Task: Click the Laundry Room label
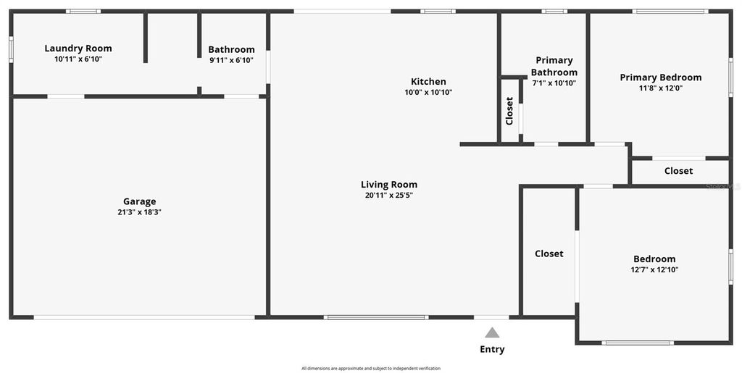(78, 49)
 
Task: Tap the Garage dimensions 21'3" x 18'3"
(139, 212)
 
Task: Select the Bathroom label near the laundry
(231, 49)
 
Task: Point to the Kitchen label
(428, 82)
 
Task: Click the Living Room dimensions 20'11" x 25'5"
(389, 196)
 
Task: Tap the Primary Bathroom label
(554, 66)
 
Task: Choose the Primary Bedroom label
(660, 77)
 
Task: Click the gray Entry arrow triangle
(492, 333)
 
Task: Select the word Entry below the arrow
(492, 350)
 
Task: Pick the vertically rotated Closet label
(509, 111)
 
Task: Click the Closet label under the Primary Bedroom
(678, 171)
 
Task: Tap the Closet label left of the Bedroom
(549, 253)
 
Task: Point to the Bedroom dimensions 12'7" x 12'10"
(654, 269)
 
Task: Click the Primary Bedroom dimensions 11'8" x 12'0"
(660, 88)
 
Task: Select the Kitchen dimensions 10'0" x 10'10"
(428, 93)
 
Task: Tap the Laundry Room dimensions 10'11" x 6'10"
(78, 59)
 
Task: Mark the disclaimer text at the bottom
(370, 369)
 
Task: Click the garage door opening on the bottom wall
(144, 317)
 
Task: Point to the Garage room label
(139, 201)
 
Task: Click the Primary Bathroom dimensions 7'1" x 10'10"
(554, 83)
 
